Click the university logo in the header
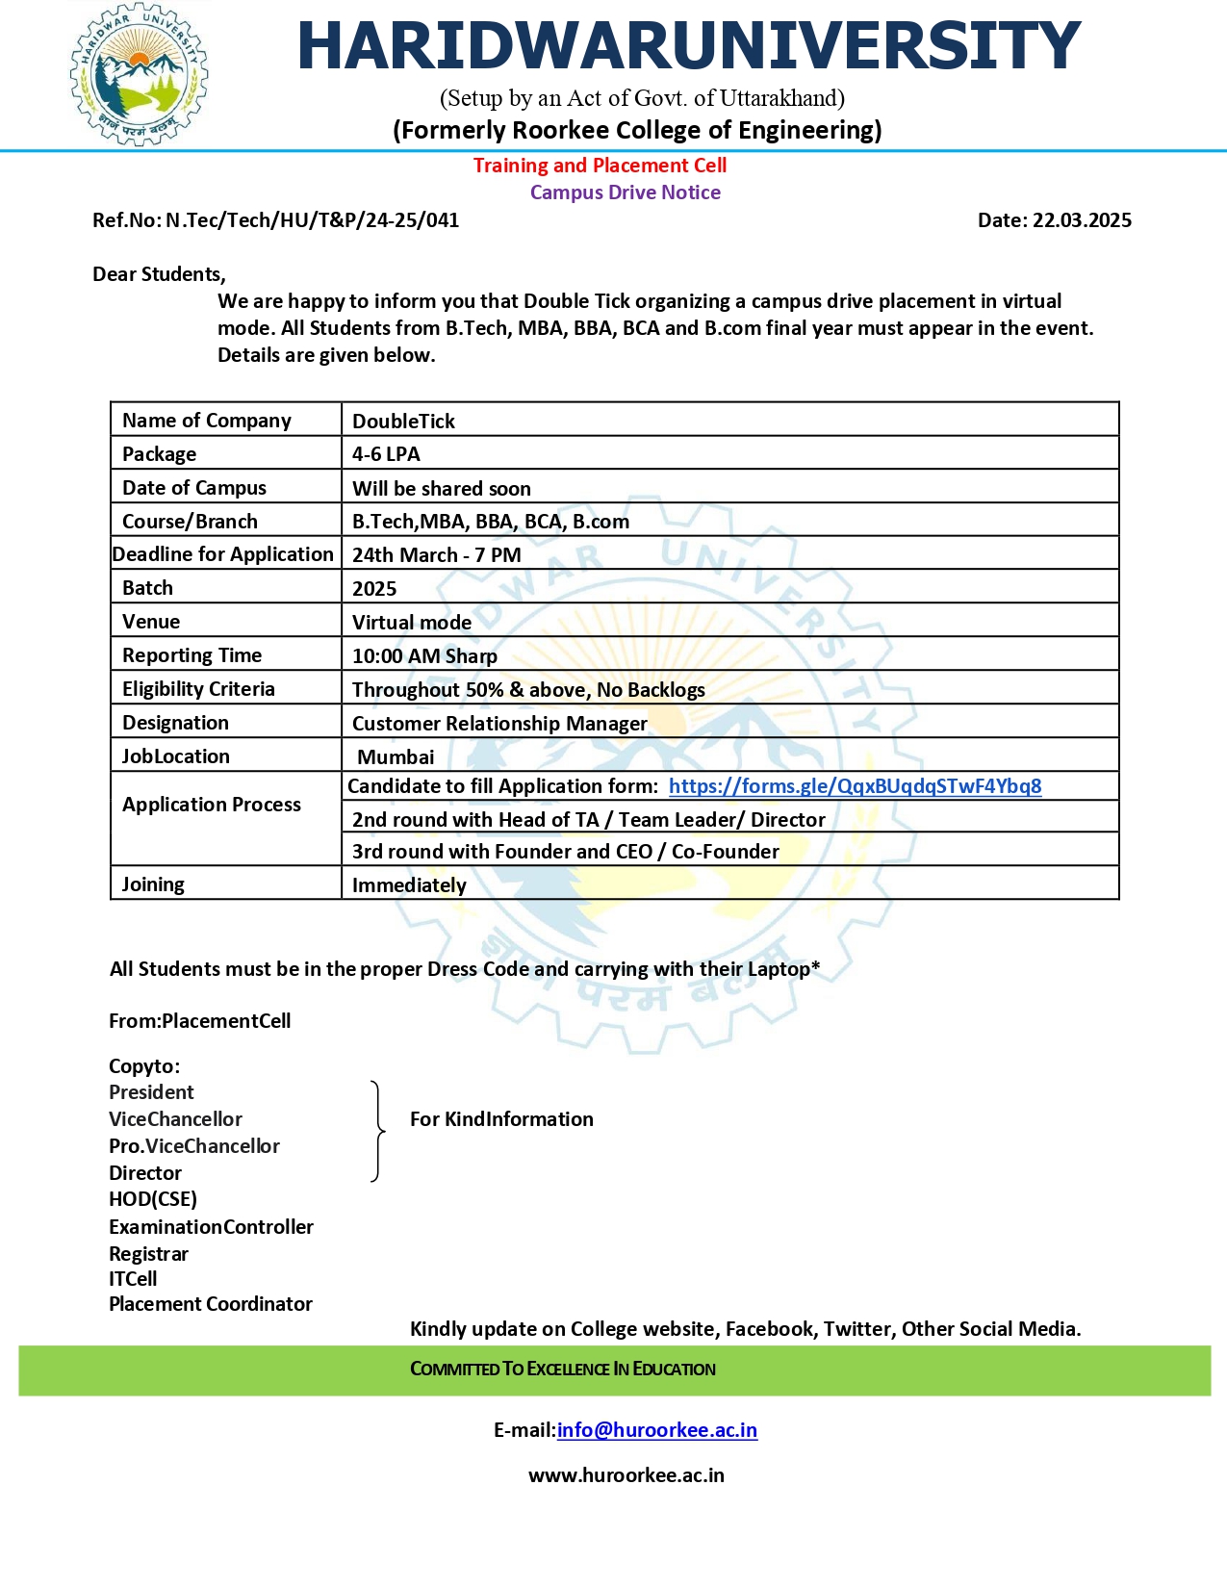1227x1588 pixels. [x=139, y=75]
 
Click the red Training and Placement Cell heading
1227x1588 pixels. [x=600, y=166]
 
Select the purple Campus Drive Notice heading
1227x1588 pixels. [x=625, y=192]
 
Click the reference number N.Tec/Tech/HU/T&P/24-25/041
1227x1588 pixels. [x=312, y=220]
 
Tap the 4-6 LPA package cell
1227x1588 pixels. [x=386, y=454]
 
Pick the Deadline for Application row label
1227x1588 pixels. [x=223, y=554]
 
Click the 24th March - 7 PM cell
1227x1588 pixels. [x=437, y=555]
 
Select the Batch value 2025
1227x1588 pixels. [x=374, y=589]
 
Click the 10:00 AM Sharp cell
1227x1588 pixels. [x=424, y=656]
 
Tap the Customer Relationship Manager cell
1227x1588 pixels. [x=499, y=724]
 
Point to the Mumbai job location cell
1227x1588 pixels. [x=396, y=757]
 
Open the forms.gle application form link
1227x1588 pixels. [x=855, y=786]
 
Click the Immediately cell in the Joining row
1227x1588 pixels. [x=409, y=885]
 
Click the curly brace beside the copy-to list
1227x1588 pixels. [x=378, y=1131]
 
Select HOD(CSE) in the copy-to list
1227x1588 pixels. [x=153, y=1199]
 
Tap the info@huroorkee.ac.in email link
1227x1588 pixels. [x=656, y=1430]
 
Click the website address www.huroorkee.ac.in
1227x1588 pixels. [x=626, y=1475]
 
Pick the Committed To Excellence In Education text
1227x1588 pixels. [x=563, y=1370]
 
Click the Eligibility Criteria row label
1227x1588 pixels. [x=198, y=689]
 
